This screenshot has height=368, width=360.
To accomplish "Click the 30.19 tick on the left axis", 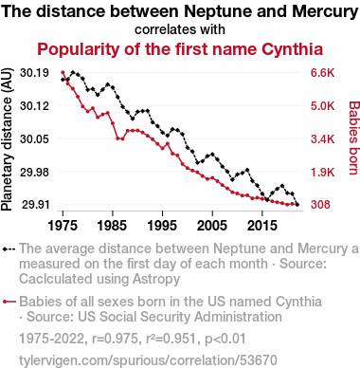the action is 34,73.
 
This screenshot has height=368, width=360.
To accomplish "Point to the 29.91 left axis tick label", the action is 34,205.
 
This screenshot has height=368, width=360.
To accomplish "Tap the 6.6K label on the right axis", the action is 322,73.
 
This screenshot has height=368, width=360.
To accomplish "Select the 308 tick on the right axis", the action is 320,205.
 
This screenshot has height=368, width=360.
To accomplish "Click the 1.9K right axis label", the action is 322,172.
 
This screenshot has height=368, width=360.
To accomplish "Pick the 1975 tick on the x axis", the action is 63,226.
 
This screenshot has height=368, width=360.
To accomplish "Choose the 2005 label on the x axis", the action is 212,226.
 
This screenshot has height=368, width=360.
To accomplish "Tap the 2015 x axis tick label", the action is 261,226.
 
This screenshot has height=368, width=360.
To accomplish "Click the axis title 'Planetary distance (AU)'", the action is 7,139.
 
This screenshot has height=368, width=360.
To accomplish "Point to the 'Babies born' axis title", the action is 354,138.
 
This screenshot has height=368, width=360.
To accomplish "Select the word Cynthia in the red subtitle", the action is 292,49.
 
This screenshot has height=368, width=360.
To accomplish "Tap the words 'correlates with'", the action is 180,29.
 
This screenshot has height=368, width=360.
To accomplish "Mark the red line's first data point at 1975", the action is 63,72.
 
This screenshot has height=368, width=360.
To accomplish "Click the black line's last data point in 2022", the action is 297,205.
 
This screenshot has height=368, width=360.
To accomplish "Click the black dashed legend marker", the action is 9,249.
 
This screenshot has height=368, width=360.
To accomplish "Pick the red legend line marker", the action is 9,302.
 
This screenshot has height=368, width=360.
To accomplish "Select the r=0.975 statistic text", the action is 115,339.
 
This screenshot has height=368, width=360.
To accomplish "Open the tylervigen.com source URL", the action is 148,360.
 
